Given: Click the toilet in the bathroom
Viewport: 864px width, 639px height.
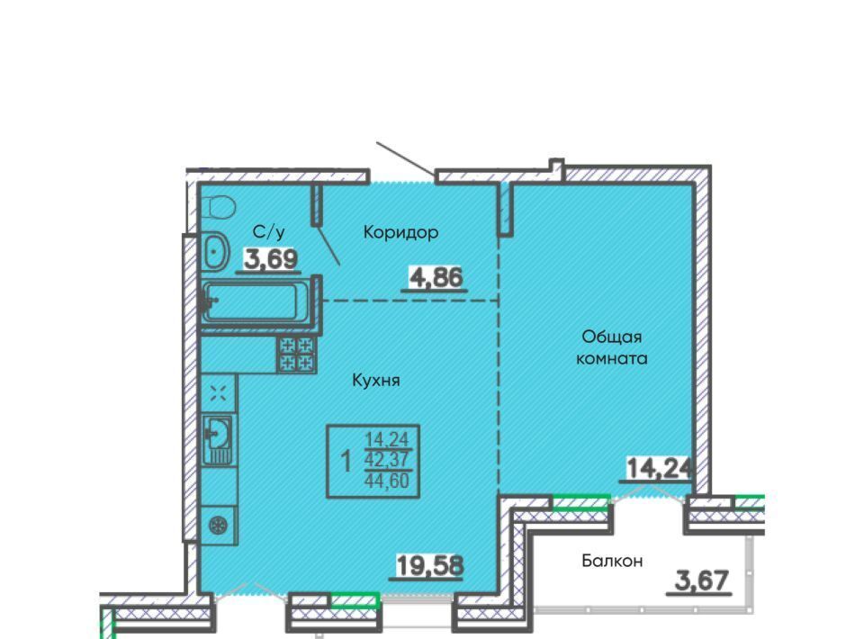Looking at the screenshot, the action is tap(221, 208).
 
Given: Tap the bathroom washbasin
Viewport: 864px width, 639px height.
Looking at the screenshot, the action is tap(215, 251).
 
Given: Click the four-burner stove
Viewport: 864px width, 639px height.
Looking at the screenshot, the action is tap(297, 355).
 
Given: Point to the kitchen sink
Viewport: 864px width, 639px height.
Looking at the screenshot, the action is tap(218, 438).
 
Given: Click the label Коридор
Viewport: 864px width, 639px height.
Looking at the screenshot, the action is tap(400, 232).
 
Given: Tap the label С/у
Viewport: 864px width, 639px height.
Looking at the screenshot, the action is tap(269, 232).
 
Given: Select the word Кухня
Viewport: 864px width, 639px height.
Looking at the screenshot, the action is tap(376, 380).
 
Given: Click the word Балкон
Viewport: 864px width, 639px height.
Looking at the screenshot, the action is tap(612, 561).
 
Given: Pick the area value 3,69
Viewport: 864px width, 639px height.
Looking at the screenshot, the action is tap(271, 258).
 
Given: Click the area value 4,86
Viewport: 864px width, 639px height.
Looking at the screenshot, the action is tap(436, 277).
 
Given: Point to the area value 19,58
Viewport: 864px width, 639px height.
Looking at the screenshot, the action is tap(430, 565).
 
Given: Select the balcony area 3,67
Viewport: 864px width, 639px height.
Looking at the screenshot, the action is tap(702, 580).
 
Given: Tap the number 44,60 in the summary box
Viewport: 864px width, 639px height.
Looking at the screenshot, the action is tap(387, 481).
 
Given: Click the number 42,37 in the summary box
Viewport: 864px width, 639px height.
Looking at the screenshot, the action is tap(387, 459).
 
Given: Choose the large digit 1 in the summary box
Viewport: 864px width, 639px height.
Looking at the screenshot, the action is tap(346, 461).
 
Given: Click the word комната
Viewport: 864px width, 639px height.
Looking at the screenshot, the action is tap(612, 359).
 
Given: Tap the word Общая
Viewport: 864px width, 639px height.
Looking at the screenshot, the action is tap(612, 337).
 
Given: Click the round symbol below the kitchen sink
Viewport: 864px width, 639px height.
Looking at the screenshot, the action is tap(219, 525).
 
